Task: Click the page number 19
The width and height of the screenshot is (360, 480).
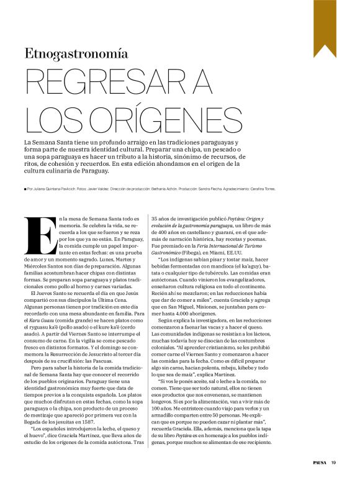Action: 333,462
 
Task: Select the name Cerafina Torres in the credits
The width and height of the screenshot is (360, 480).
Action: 263,189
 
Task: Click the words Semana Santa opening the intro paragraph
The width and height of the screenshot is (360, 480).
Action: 53,143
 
